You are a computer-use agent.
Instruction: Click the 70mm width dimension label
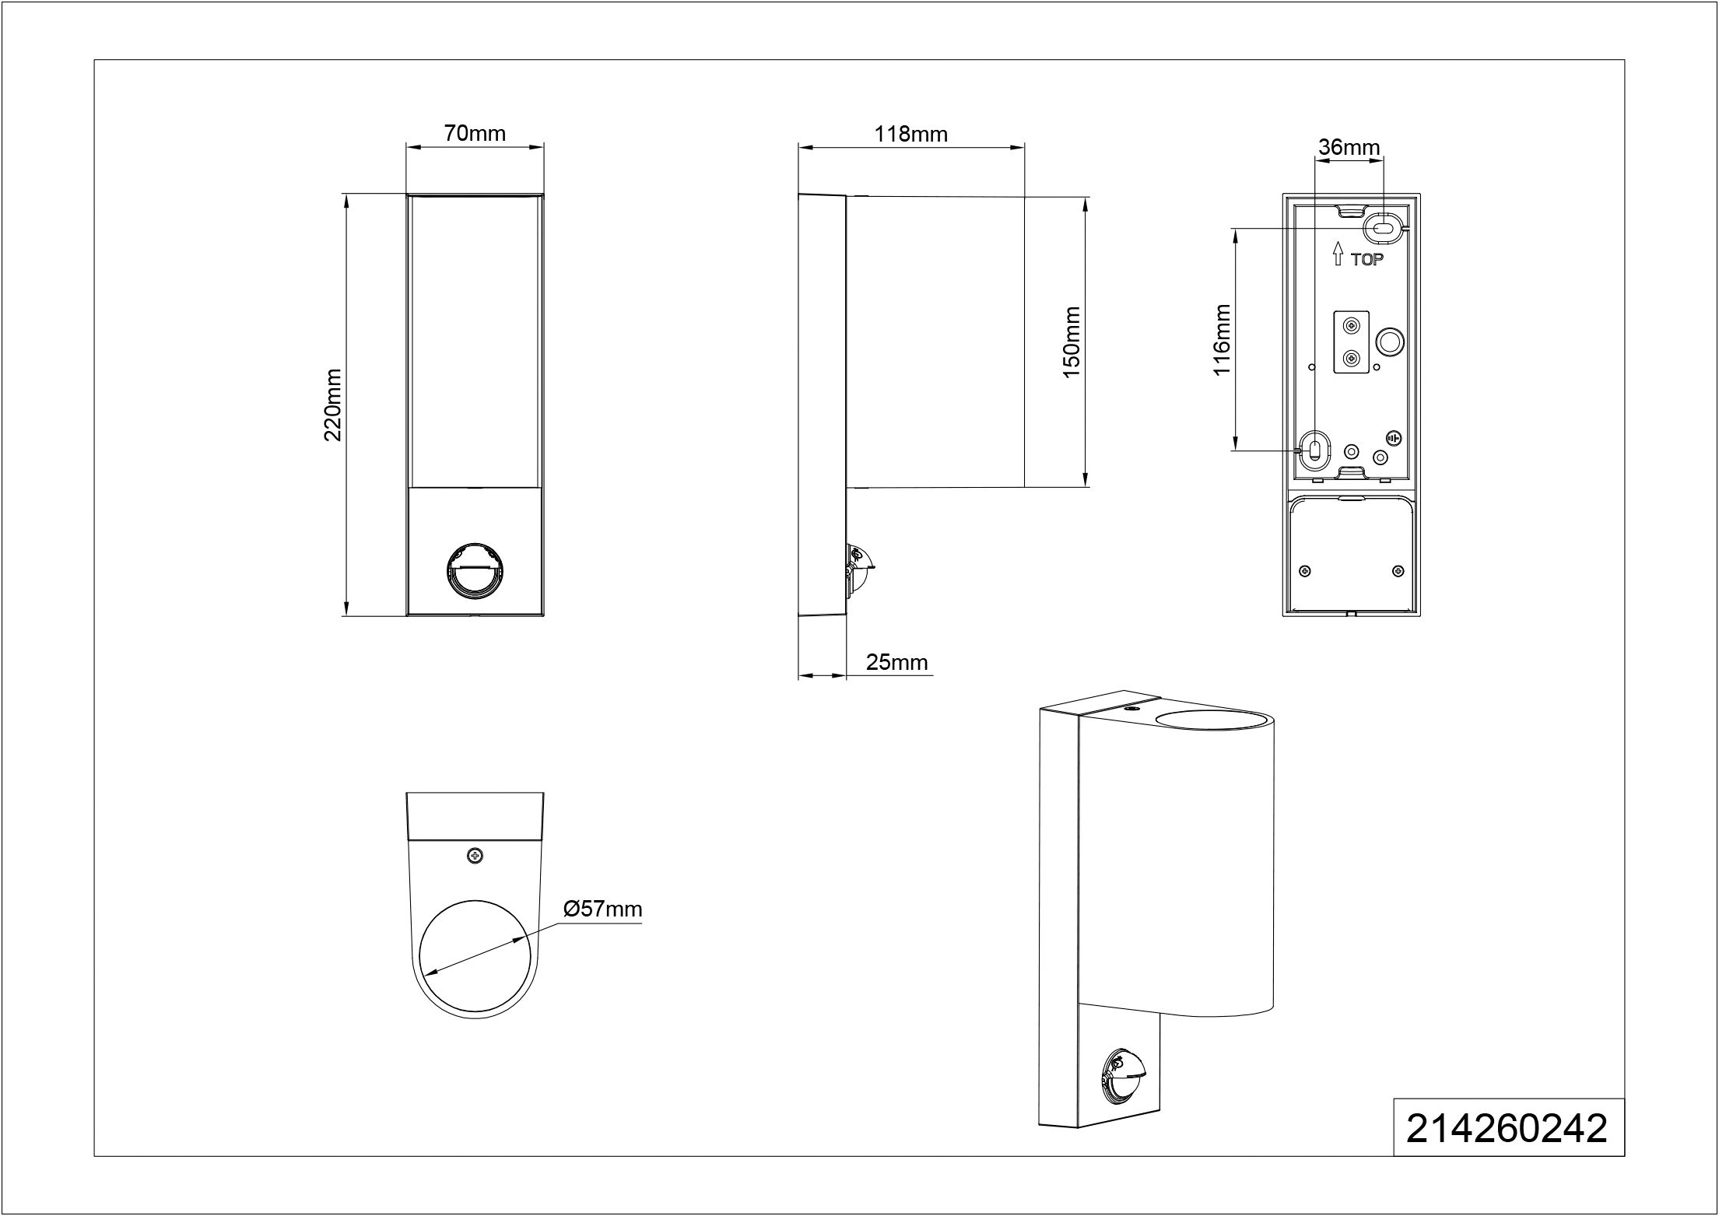point(475,133)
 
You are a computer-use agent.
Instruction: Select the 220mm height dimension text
point(333,405)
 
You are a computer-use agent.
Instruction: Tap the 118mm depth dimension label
point(910,134)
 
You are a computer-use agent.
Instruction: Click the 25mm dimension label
point(897,662)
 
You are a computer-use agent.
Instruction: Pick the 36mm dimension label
point(1349,147)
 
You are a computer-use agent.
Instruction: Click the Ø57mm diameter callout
point(602,909)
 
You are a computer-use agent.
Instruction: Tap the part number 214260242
point(1507,1127)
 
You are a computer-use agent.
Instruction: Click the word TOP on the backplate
point(1367,260)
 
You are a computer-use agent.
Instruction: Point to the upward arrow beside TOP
point(1338,254)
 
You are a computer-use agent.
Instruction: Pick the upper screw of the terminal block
point(1352,325)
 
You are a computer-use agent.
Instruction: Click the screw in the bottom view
point(474,856)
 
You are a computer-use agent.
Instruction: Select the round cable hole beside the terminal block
point(1390,341)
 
